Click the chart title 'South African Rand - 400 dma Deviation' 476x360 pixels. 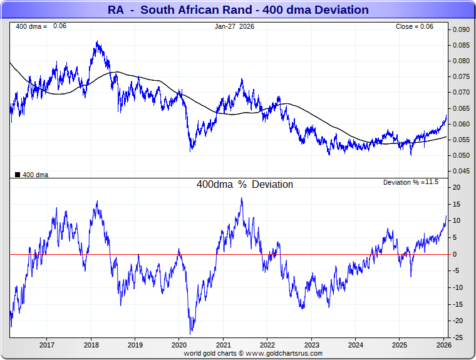[x=237, y=10]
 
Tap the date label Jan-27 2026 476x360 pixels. [x=235, y=26]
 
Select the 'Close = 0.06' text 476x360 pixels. [x=414, y=26]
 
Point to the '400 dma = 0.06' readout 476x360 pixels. [x=41, y=26]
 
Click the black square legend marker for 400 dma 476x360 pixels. [x=18, y=175]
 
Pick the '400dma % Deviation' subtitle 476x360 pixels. [x=245, y=185]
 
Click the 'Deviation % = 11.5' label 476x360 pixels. [x=410, y=182]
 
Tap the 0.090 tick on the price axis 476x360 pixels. [x=461, y=29]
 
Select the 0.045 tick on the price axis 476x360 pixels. [x=461, y=171]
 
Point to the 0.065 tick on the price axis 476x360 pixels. [x=461, y=108]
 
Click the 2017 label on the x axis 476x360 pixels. [x=46, y=345]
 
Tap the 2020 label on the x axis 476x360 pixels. [x=179, y=345]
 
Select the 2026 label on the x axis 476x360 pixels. [x=444, y=345]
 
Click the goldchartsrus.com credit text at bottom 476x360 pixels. [x=253, y=353]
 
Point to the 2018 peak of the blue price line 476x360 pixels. [x=97, y=42]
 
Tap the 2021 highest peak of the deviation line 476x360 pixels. [x=242, y=198]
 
